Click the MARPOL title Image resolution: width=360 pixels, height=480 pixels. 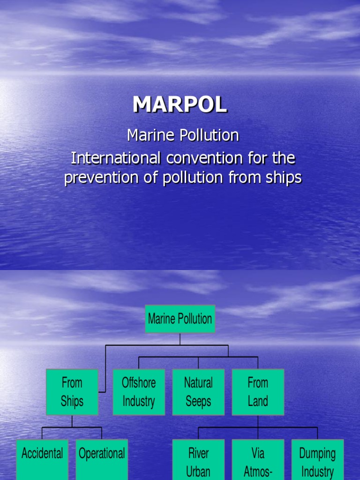click(180, 105)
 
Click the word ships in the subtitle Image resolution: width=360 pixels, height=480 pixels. click(285, 178)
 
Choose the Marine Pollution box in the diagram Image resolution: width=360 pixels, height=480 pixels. click(180, 319)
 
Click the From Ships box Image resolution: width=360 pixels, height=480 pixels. click(72, 392)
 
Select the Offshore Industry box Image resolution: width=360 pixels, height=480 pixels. click(139, 392)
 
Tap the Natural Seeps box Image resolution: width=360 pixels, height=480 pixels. click(198, 392)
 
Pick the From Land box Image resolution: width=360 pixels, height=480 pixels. click(258, 392)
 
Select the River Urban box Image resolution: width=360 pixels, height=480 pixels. click(198, 460)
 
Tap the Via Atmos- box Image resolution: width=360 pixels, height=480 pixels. click(258, 460)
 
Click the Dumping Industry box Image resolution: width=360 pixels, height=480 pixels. click(317, 460)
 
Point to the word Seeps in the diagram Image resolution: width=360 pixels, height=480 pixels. click(198, 401)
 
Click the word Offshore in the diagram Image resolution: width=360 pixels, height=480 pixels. click(139, 382)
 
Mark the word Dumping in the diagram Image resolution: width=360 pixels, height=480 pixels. click(317, 453)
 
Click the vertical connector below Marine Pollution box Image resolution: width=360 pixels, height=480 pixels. click(180, 339)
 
